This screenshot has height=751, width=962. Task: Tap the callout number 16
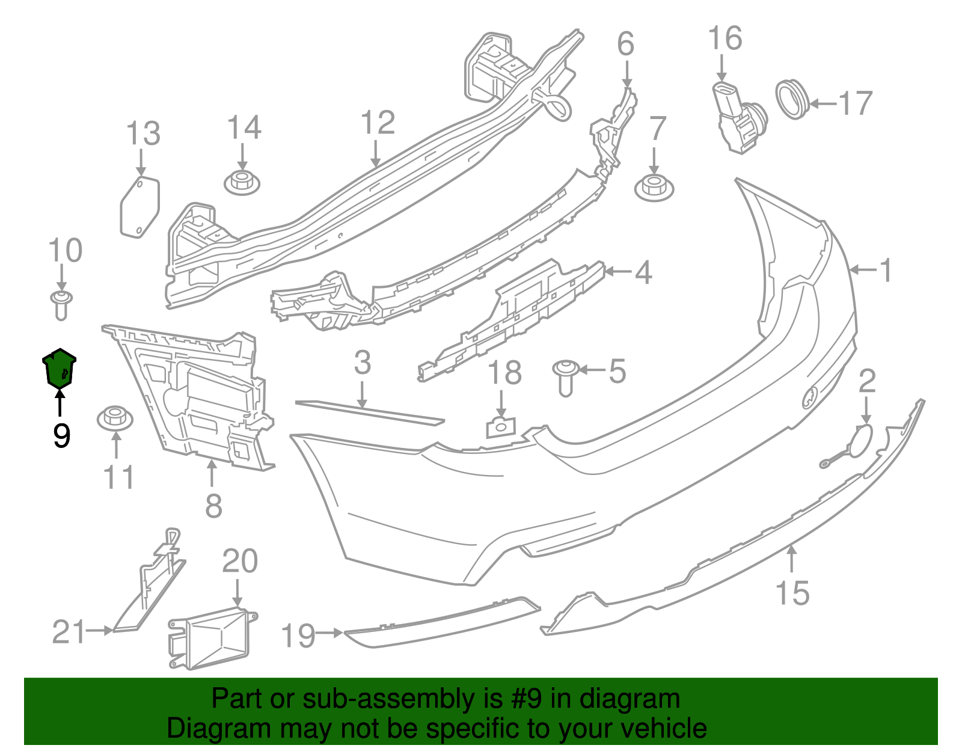(725, 38)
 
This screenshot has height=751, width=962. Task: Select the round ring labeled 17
(792, 100)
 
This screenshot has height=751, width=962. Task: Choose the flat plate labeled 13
(140, 207)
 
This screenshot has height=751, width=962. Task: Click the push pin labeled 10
(61, 305)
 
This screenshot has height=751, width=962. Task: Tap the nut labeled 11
(115, 418)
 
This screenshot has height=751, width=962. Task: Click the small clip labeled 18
(501, 427)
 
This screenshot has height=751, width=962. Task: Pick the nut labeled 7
(654, 189)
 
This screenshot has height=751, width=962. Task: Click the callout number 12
(378, 123)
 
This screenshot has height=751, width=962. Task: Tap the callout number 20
(240, 561)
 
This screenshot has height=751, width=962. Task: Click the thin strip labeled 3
(370, 412)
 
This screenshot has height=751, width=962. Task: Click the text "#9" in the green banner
(525, 699)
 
